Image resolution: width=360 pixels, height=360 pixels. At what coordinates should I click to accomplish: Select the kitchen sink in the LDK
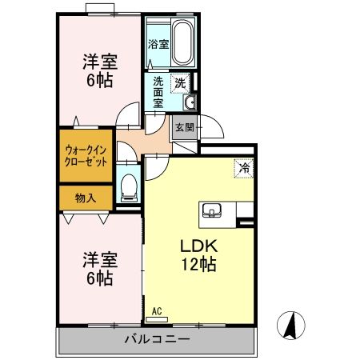tap(212, 211)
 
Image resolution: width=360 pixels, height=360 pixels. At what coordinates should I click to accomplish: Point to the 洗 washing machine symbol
tap(181, 82)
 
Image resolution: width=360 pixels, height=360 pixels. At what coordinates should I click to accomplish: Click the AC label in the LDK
tap(157, 309)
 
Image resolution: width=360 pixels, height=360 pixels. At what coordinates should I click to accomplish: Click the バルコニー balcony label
tap(157, 339)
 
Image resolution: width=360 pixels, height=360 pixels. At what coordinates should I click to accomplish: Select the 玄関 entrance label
tap(184, 126)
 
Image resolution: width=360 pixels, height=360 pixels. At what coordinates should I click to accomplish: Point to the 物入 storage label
tap(85, 198)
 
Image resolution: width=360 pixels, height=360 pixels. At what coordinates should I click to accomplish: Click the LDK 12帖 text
tap(198, 254)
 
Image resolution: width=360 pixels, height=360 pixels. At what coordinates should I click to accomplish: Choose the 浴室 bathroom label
tap(157, 45)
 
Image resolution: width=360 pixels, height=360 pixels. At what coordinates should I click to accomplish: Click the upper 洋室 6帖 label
tap(99, 70)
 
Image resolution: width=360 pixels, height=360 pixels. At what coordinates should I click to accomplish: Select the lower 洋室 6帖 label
tap(99, 269)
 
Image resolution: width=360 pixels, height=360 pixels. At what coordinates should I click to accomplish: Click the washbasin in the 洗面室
tap(190, 102)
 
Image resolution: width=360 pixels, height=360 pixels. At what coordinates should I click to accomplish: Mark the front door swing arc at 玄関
tap(210, 126)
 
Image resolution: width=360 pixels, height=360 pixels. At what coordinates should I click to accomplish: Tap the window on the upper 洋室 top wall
tap(101, 10)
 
